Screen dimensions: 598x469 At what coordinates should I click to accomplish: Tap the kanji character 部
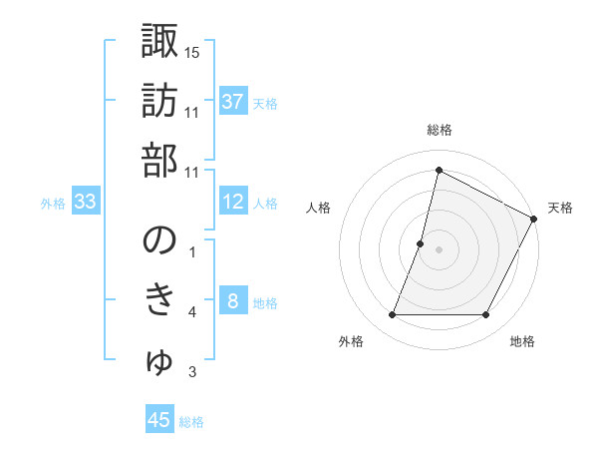(159, 161)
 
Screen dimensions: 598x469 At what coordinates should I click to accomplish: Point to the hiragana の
(159, 241)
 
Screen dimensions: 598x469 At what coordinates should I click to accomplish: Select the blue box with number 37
(232, 101)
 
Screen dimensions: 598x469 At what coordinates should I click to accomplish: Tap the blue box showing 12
(232, 202)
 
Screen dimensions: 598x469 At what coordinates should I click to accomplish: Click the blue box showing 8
(232, 301)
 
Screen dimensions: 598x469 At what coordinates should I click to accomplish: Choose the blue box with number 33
(85, 202)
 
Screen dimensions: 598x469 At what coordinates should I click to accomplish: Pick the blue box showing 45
(159, 420)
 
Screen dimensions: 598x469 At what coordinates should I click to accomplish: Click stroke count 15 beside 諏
(192, 52)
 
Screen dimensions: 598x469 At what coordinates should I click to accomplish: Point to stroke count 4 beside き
(192, 312)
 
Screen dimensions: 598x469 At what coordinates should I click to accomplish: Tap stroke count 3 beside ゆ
(192, 372)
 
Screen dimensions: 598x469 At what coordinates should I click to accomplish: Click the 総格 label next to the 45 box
(191, 422)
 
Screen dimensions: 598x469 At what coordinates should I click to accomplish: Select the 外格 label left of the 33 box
(52, 204)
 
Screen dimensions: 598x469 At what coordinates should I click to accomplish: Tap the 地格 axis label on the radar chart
(522, 342)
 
